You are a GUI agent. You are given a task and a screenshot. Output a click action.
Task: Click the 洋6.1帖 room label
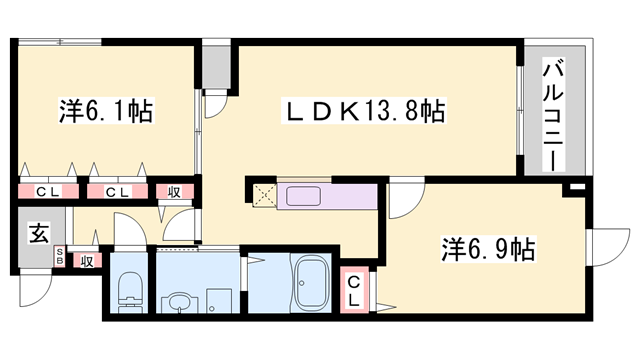tap(100, 110)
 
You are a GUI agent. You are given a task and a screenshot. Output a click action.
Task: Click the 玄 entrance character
tap(38, 235)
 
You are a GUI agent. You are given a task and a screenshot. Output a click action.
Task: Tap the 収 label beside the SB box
tap(86, 262)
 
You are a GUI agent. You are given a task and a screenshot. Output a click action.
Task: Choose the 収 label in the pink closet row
tap(173, 191)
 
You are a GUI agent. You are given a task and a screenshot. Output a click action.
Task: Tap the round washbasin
tap(179, 299)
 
